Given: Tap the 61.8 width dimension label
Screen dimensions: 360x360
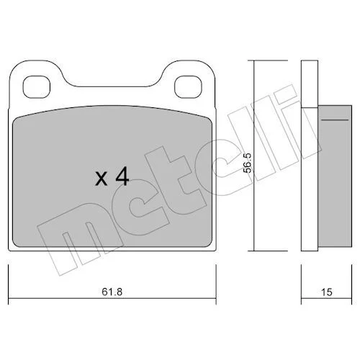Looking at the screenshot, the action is coord(112,292).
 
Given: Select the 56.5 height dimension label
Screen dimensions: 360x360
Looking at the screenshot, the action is coord(247,163).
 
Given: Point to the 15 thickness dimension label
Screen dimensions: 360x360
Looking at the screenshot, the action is coord(326,292).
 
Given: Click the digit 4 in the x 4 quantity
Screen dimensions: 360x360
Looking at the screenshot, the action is coord(122,176).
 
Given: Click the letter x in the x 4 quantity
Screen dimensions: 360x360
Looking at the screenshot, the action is coord(101,179).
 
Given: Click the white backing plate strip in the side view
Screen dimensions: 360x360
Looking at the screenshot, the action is coord(310,156).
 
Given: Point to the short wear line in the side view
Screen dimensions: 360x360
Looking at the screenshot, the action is coord(335,120).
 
